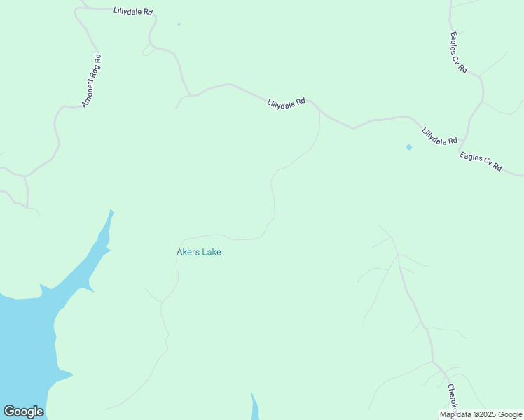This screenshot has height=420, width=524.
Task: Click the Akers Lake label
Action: click(199, 252)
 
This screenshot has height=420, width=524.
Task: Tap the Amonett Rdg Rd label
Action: click(92, 81)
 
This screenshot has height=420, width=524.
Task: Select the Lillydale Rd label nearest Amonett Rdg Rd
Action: click(133, 12)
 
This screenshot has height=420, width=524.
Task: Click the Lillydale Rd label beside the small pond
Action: click(439, 136)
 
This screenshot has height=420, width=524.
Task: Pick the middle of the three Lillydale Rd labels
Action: click(286, 103)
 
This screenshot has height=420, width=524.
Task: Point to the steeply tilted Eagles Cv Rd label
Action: click(459, 52)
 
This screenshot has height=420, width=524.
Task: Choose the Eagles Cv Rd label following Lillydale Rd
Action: click(481, 162)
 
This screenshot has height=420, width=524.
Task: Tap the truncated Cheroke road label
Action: click(453, 396)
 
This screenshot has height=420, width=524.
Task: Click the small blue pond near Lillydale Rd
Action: click(409, 147)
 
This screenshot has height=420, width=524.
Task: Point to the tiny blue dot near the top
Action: click(179, 24)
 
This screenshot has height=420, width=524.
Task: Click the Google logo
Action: click(23, 412)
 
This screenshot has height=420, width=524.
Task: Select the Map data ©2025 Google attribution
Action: click(481, 414)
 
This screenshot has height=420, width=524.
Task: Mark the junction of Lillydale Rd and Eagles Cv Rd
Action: click(460, 150)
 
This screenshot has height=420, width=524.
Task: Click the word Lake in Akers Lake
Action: click(212, 252)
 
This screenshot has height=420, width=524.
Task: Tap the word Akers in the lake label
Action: click(188, 252)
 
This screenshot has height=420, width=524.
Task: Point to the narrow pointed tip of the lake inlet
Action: click(111, 211)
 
